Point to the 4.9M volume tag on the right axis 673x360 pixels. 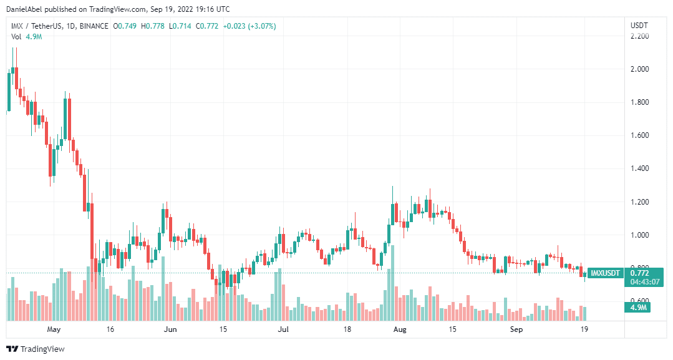639,308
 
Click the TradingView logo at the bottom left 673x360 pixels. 36,349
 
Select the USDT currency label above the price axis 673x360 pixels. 639,26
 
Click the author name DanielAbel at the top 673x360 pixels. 24,9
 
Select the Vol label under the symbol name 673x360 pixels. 17,37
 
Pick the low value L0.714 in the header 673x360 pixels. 181,26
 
